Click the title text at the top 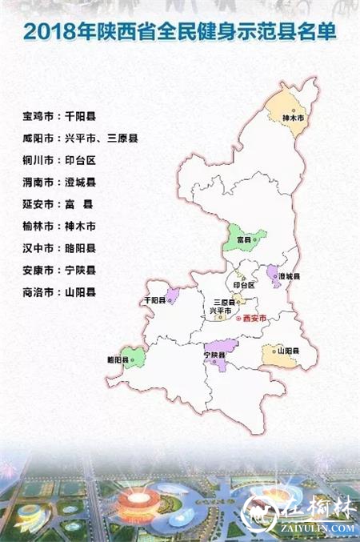[x=179, y=33]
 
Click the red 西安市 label [x=253, y=318]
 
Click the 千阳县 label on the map [x=154, y=300]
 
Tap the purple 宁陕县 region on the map [x=218, y=353]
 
